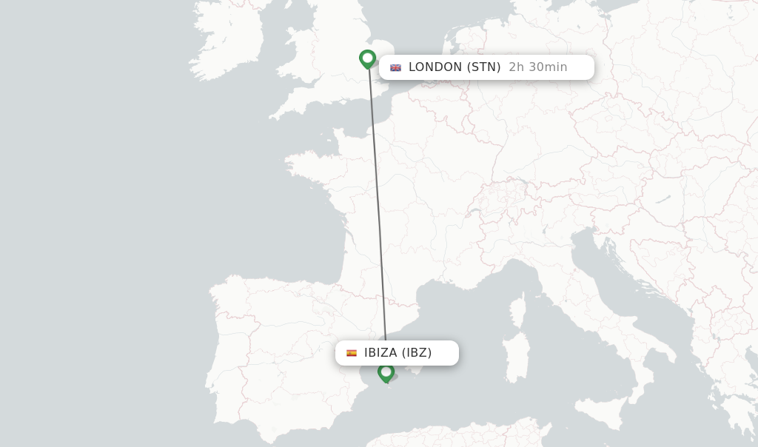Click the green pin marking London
pyautogui.click(x=367, y=58)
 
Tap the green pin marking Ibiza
pyautogui.click(x=386, y=372)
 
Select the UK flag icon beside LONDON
pyautogui.click(x=396, y=67)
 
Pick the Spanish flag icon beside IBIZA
pyautogui.click(x=352, y=353)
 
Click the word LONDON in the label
pyautogui.click(x=435, y=67)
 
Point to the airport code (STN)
pyautogui.click(x=484, y=67)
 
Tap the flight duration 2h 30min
pyautogui.click(x=538, y=67)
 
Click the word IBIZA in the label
pyautogui.click(x=380, y=353)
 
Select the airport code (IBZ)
pyautogui.click(x=417, y=353)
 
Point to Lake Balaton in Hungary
pyautogui.click(x=663, y=199)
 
